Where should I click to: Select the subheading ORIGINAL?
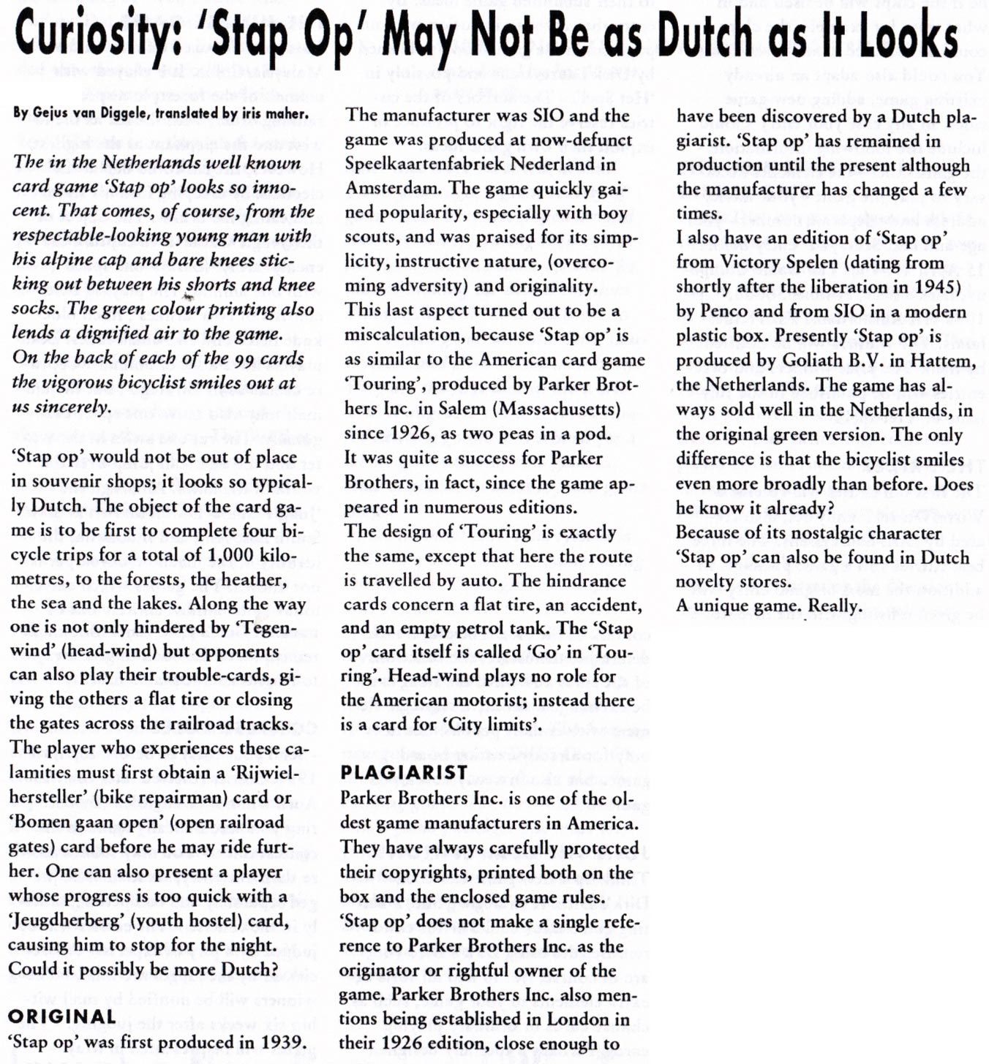[62, 1016]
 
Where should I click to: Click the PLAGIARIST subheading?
[404, 772]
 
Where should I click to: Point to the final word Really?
[834, 606]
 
